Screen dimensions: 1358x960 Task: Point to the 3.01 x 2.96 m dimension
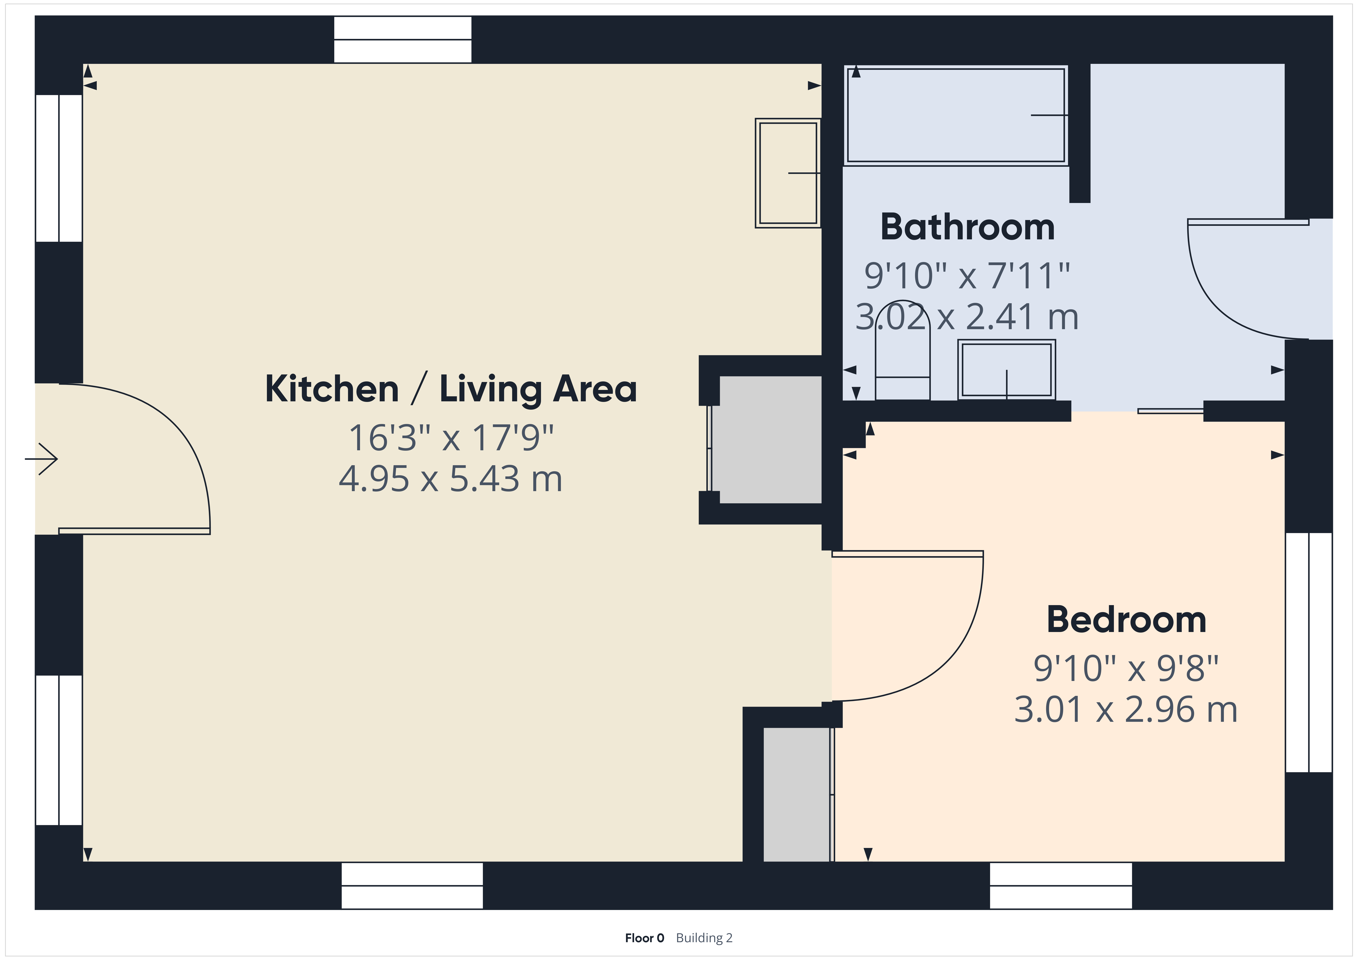pos(1126,709)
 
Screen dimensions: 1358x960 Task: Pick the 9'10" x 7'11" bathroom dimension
pos(968,276)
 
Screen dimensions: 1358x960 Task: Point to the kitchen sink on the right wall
pos(788,173)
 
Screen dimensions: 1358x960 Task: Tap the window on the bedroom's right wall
pos(1309,653)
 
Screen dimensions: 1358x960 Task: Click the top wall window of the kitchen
pos(403,40)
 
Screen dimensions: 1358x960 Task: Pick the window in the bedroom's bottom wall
pos(1061,885)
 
